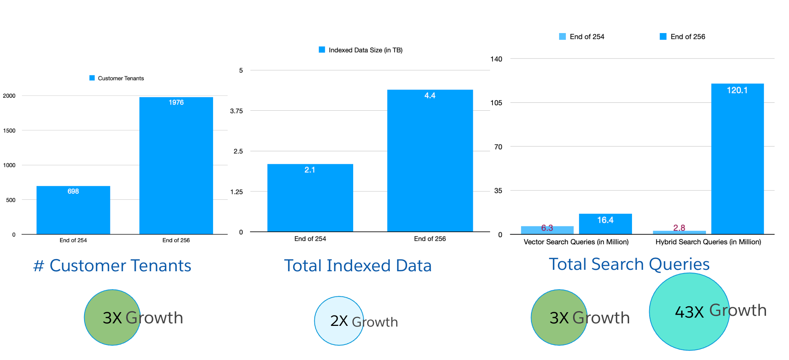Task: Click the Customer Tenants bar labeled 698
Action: pyautogui.click(x=73, y=210)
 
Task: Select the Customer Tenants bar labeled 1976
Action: pyautogui.click(x=176, y=166)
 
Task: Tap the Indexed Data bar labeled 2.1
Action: pyautogui.click(x=310, y=198)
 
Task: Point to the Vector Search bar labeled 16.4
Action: pyautogui.click(x=605, y=224)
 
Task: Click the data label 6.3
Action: pyautogui.click(x=547, y=228)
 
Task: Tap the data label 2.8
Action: pyautogui.click(x=679, y=228)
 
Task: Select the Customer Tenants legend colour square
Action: pyautogui.click(x=92, y=78)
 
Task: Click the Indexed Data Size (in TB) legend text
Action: pyautogui.click(x=365, y=50)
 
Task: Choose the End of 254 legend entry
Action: pyautogui.click(x=582, y=37)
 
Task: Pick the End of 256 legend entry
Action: pyautogui.click(x=683, y=37)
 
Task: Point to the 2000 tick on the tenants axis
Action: pyautogui.click(x=9, y=96)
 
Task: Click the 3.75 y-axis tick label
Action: pyautogui.click(x=236, y=111)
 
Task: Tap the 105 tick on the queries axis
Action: pyautogui.click(x=496, y=103)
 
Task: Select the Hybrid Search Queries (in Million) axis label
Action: pyautogui.click(x=708, y=242)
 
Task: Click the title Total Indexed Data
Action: pyautogui.click(x=357, y=266)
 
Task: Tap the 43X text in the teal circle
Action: pyautogui.click(x=689, y=312)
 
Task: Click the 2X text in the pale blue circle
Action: pyautogui.click(x=339, y=321)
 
